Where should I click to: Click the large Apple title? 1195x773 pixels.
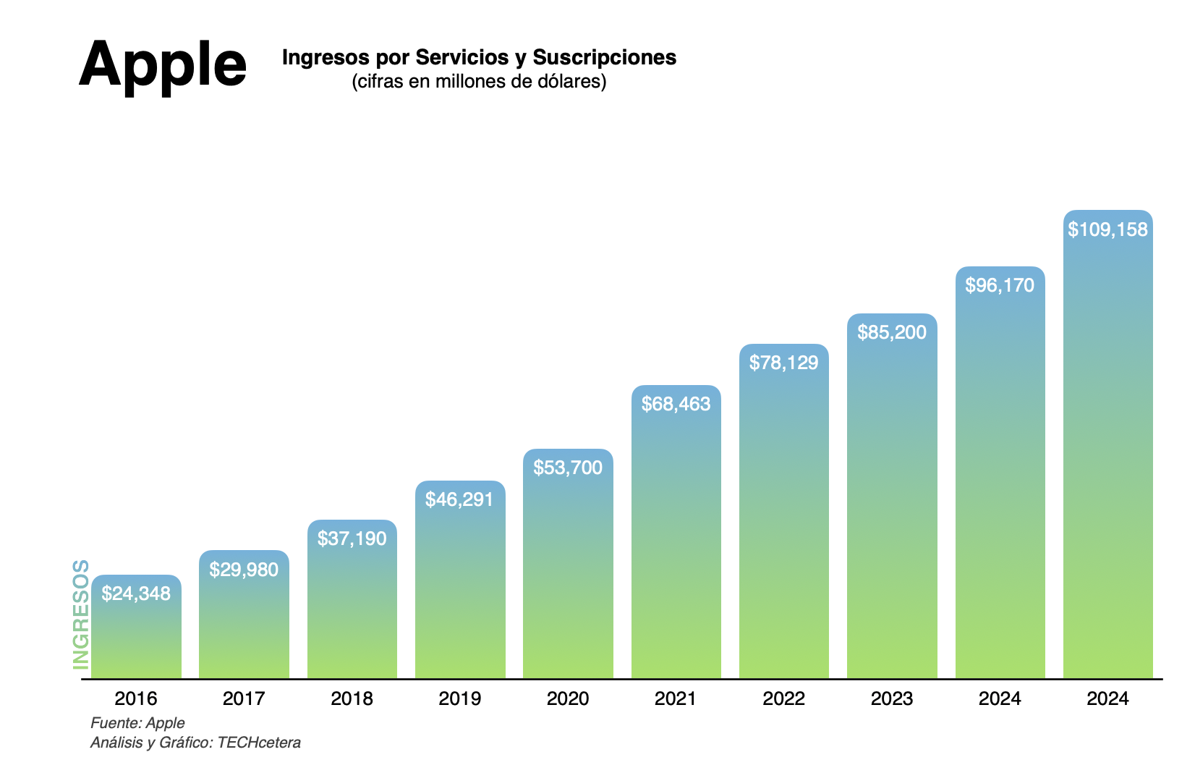163,65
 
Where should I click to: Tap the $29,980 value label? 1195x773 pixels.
244,570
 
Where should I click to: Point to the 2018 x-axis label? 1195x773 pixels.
352,698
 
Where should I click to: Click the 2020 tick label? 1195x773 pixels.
568,698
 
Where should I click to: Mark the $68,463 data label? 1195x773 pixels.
676,404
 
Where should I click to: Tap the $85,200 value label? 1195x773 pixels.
892,332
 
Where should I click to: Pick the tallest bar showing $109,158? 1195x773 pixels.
1107,449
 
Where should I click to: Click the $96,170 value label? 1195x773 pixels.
1000,285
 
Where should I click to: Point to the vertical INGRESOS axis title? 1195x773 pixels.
81,614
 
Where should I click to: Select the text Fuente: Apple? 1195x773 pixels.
137,722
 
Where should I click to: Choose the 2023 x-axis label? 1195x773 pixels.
892,698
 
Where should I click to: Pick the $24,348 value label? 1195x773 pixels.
136,594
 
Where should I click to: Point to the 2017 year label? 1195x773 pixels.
244,698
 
